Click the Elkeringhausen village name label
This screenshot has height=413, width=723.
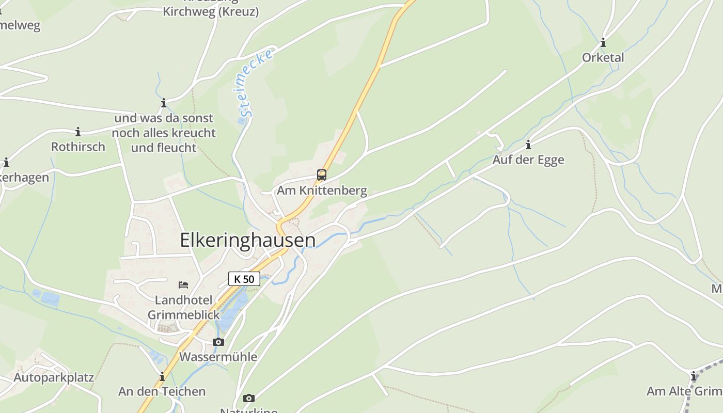point(247,241)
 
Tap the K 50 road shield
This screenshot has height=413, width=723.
point(244,279)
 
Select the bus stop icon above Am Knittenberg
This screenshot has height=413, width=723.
point(322,175)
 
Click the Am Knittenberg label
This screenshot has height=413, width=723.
point(322,190)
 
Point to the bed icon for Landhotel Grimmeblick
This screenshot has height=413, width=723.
point(183,284)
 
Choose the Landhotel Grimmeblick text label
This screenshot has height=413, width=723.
point(183,307)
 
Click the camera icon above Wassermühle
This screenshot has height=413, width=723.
point(218,342)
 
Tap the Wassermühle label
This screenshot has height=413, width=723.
point(218,357)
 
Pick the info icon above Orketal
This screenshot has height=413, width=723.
point(603,42)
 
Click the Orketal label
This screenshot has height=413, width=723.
point(603,58)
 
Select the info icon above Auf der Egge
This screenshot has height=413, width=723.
point(528,145)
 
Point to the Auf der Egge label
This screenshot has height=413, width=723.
point(528,160)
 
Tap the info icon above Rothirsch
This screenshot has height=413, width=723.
point(78,132)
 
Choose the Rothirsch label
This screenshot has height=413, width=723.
point(78,147)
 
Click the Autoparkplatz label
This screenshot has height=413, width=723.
point(54,377)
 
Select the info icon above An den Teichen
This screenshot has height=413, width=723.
point(162,376)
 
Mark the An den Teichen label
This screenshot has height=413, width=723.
point(162,392)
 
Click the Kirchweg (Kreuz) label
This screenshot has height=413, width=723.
point(211,11)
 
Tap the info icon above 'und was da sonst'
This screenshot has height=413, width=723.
point(164,103)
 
